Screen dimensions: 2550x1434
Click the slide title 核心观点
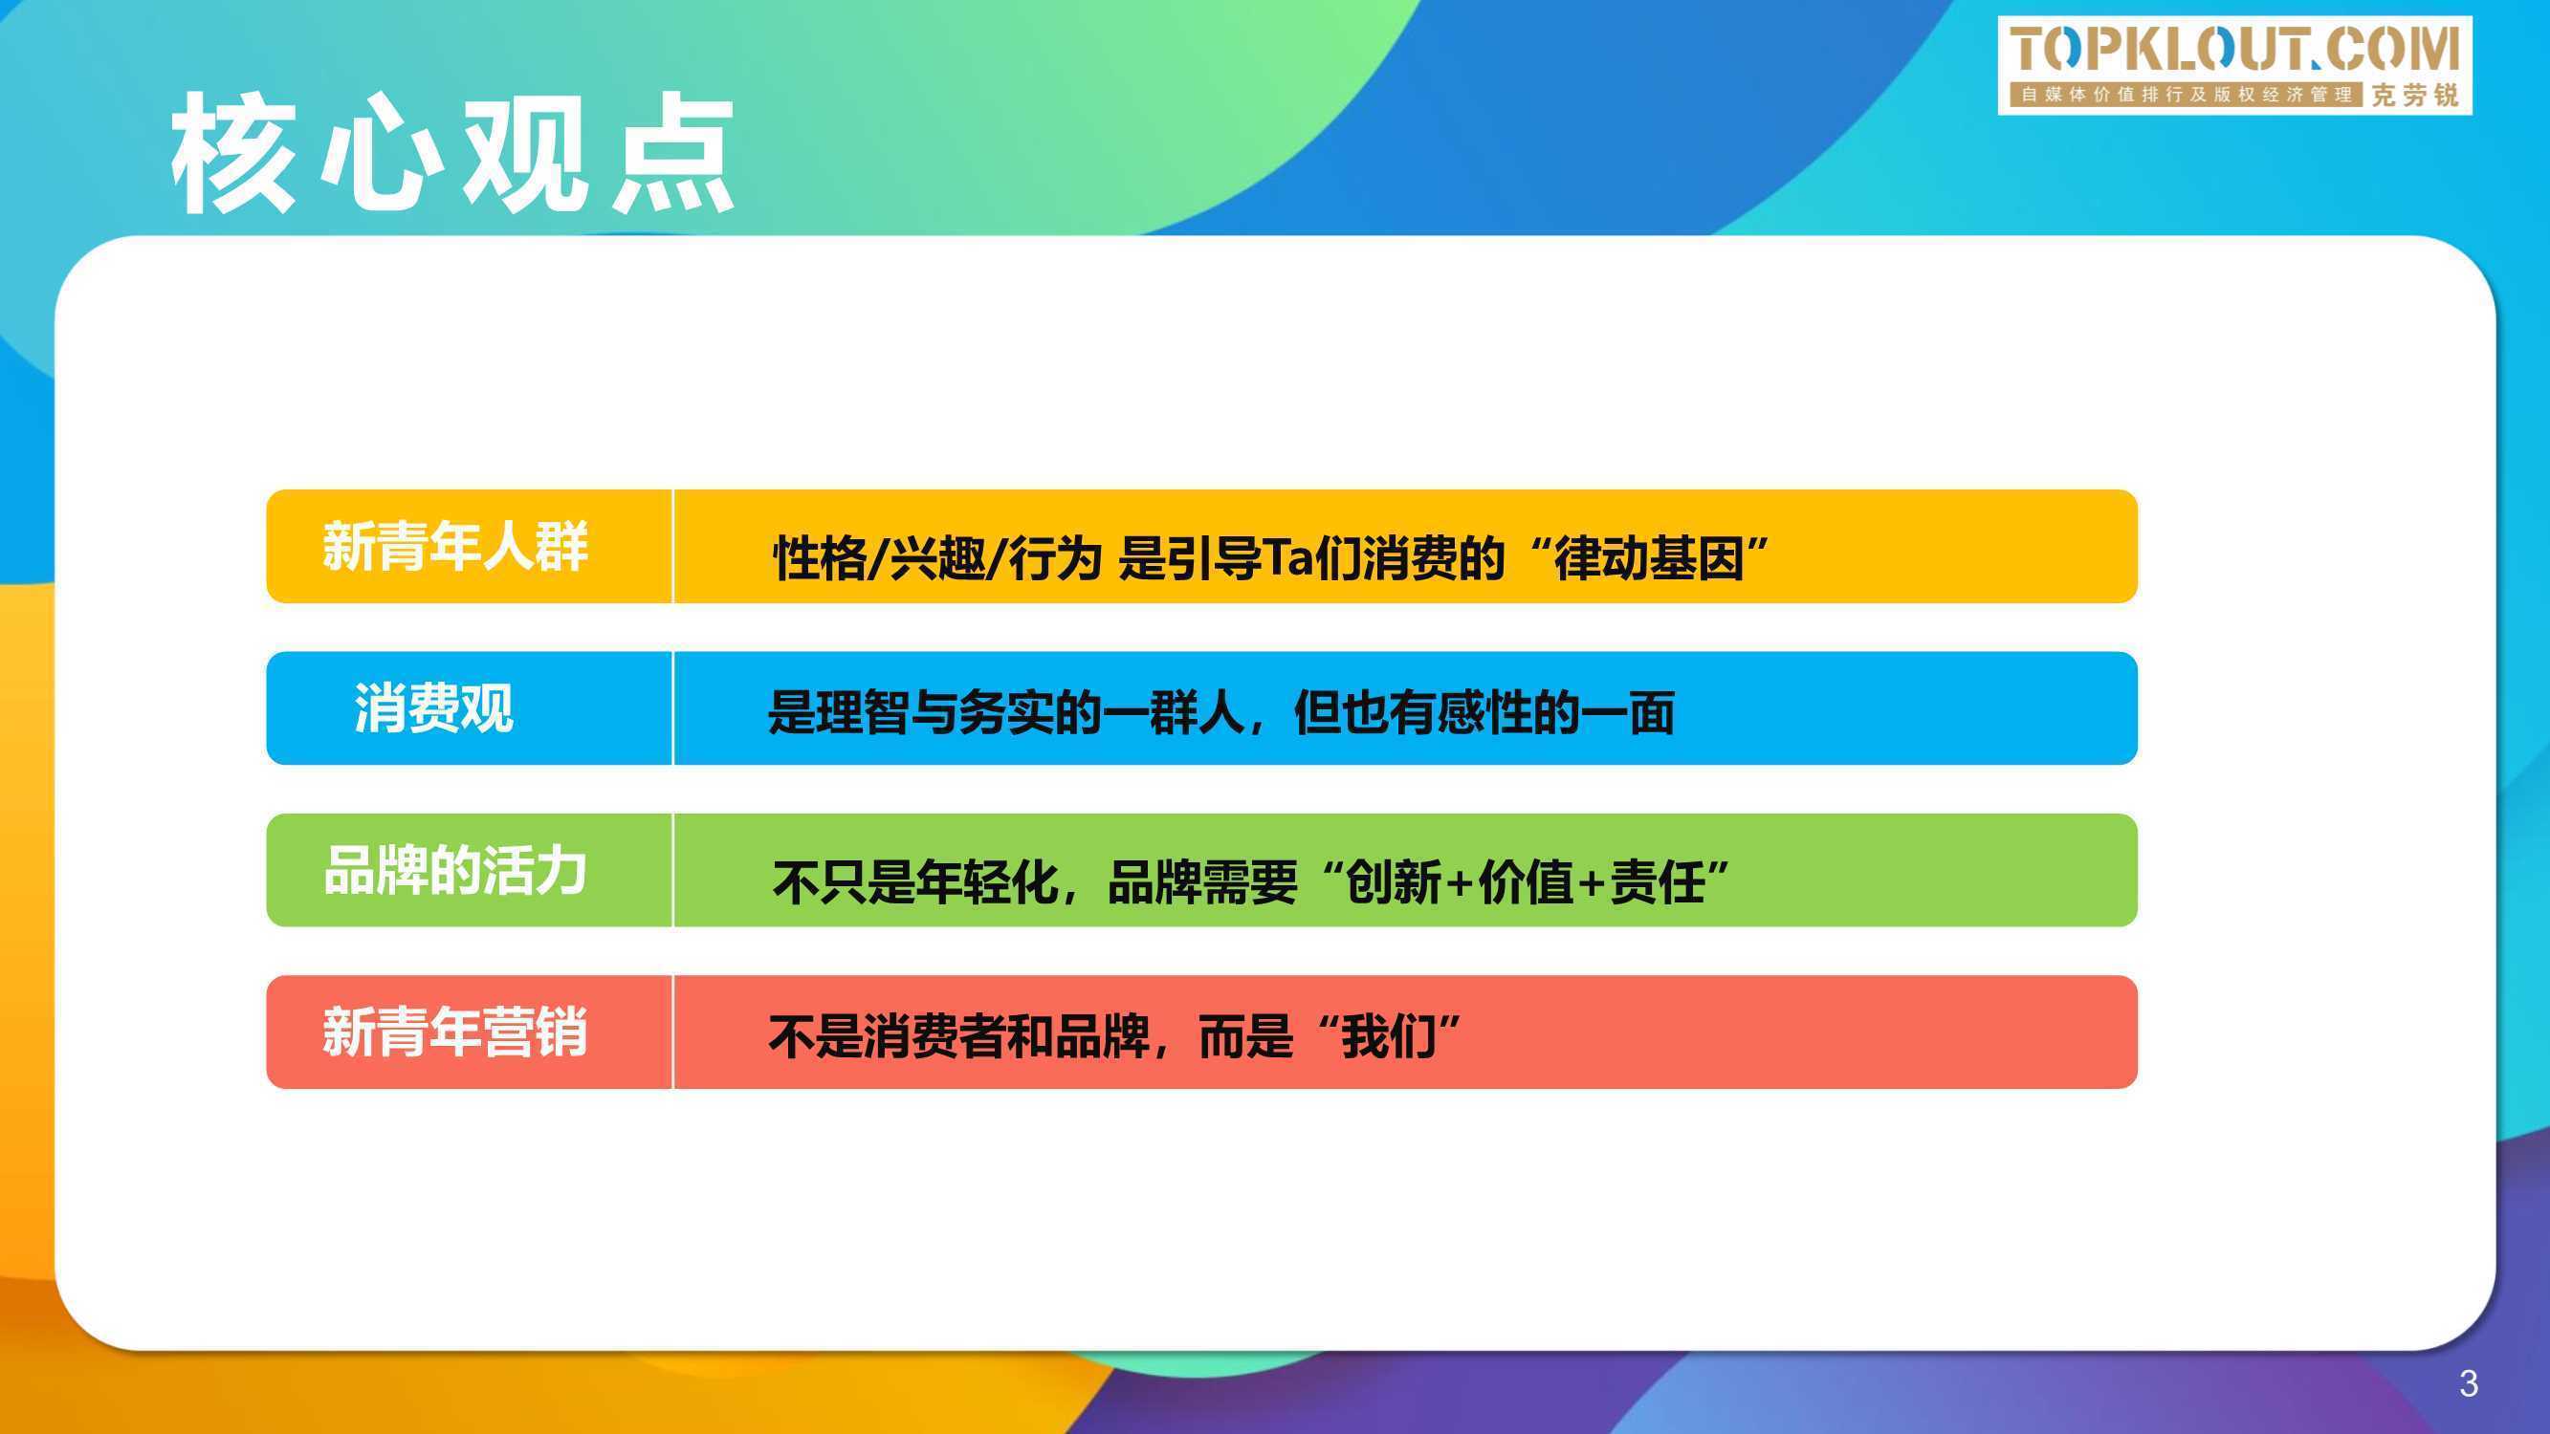[x=452, y=152]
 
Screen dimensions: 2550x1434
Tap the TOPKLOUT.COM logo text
[x=2234, y=50]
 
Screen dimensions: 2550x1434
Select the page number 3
[x=2469, y=1383]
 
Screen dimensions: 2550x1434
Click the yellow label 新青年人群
[x=454, y=546]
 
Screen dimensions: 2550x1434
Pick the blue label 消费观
[x=433, y=708]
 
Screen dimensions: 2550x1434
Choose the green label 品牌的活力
[x=454, y=871]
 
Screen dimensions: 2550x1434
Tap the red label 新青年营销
[x=454, y=1032]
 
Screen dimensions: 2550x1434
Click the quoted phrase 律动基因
[x=1649, y=558]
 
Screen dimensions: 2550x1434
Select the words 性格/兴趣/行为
[x=937, y=559]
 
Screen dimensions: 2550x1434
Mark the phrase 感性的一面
[x=1556, y=712]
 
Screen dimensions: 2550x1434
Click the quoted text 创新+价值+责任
[x=1526, y=881]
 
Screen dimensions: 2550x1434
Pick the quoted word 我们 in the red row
[x=1389, y=1036]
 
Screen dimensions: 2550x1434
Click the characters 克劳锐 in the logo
[x=2415, y=95]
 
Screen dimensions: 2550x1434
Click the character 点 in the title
[x=673, y=152]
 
